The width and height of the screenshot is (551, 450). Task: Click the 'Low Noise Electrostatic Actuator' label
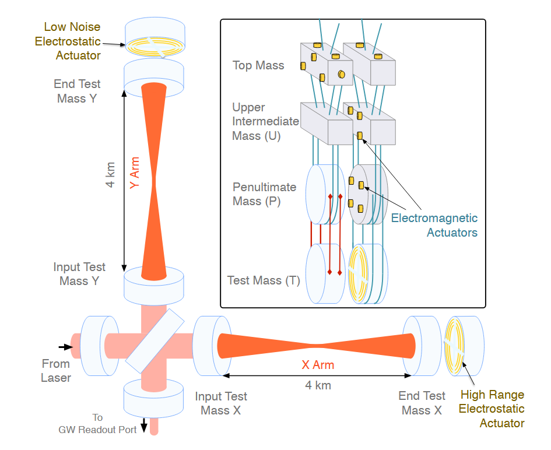click(68, 41)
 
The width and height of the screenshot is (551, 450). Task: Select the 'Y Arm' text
click(135, 172)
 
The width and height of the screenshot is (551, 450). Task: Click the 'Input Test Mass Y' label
click(79, 274)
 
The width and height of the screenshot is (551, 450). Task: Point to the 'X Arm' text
click(317, 365)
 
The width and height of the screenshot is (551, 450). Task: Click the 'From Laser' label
click(56, 371)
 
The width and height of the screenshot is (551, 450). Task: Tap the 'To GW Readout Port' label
click(97, 424)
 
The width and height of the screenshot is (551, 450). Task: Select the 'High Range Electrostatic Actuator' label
click(491, 409)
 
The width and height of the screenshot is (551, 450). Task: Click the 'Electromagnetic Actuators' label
click(434, 226)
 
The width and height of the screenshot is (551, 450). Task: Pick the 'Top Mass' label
click(258, 65)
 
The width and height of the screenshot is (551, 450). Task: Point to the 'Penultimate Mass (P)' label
click(264, 194)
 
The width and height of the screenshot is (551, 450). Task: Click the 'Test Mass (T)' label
click(264, 280)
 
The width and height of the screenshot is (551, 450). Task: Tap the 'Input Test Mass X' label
click(220, 403)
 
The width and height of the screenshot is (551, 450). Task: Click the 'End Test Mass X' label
click(422, 403)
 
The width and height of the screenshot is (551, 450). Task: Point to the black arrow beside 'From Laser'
click(66, 347)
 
